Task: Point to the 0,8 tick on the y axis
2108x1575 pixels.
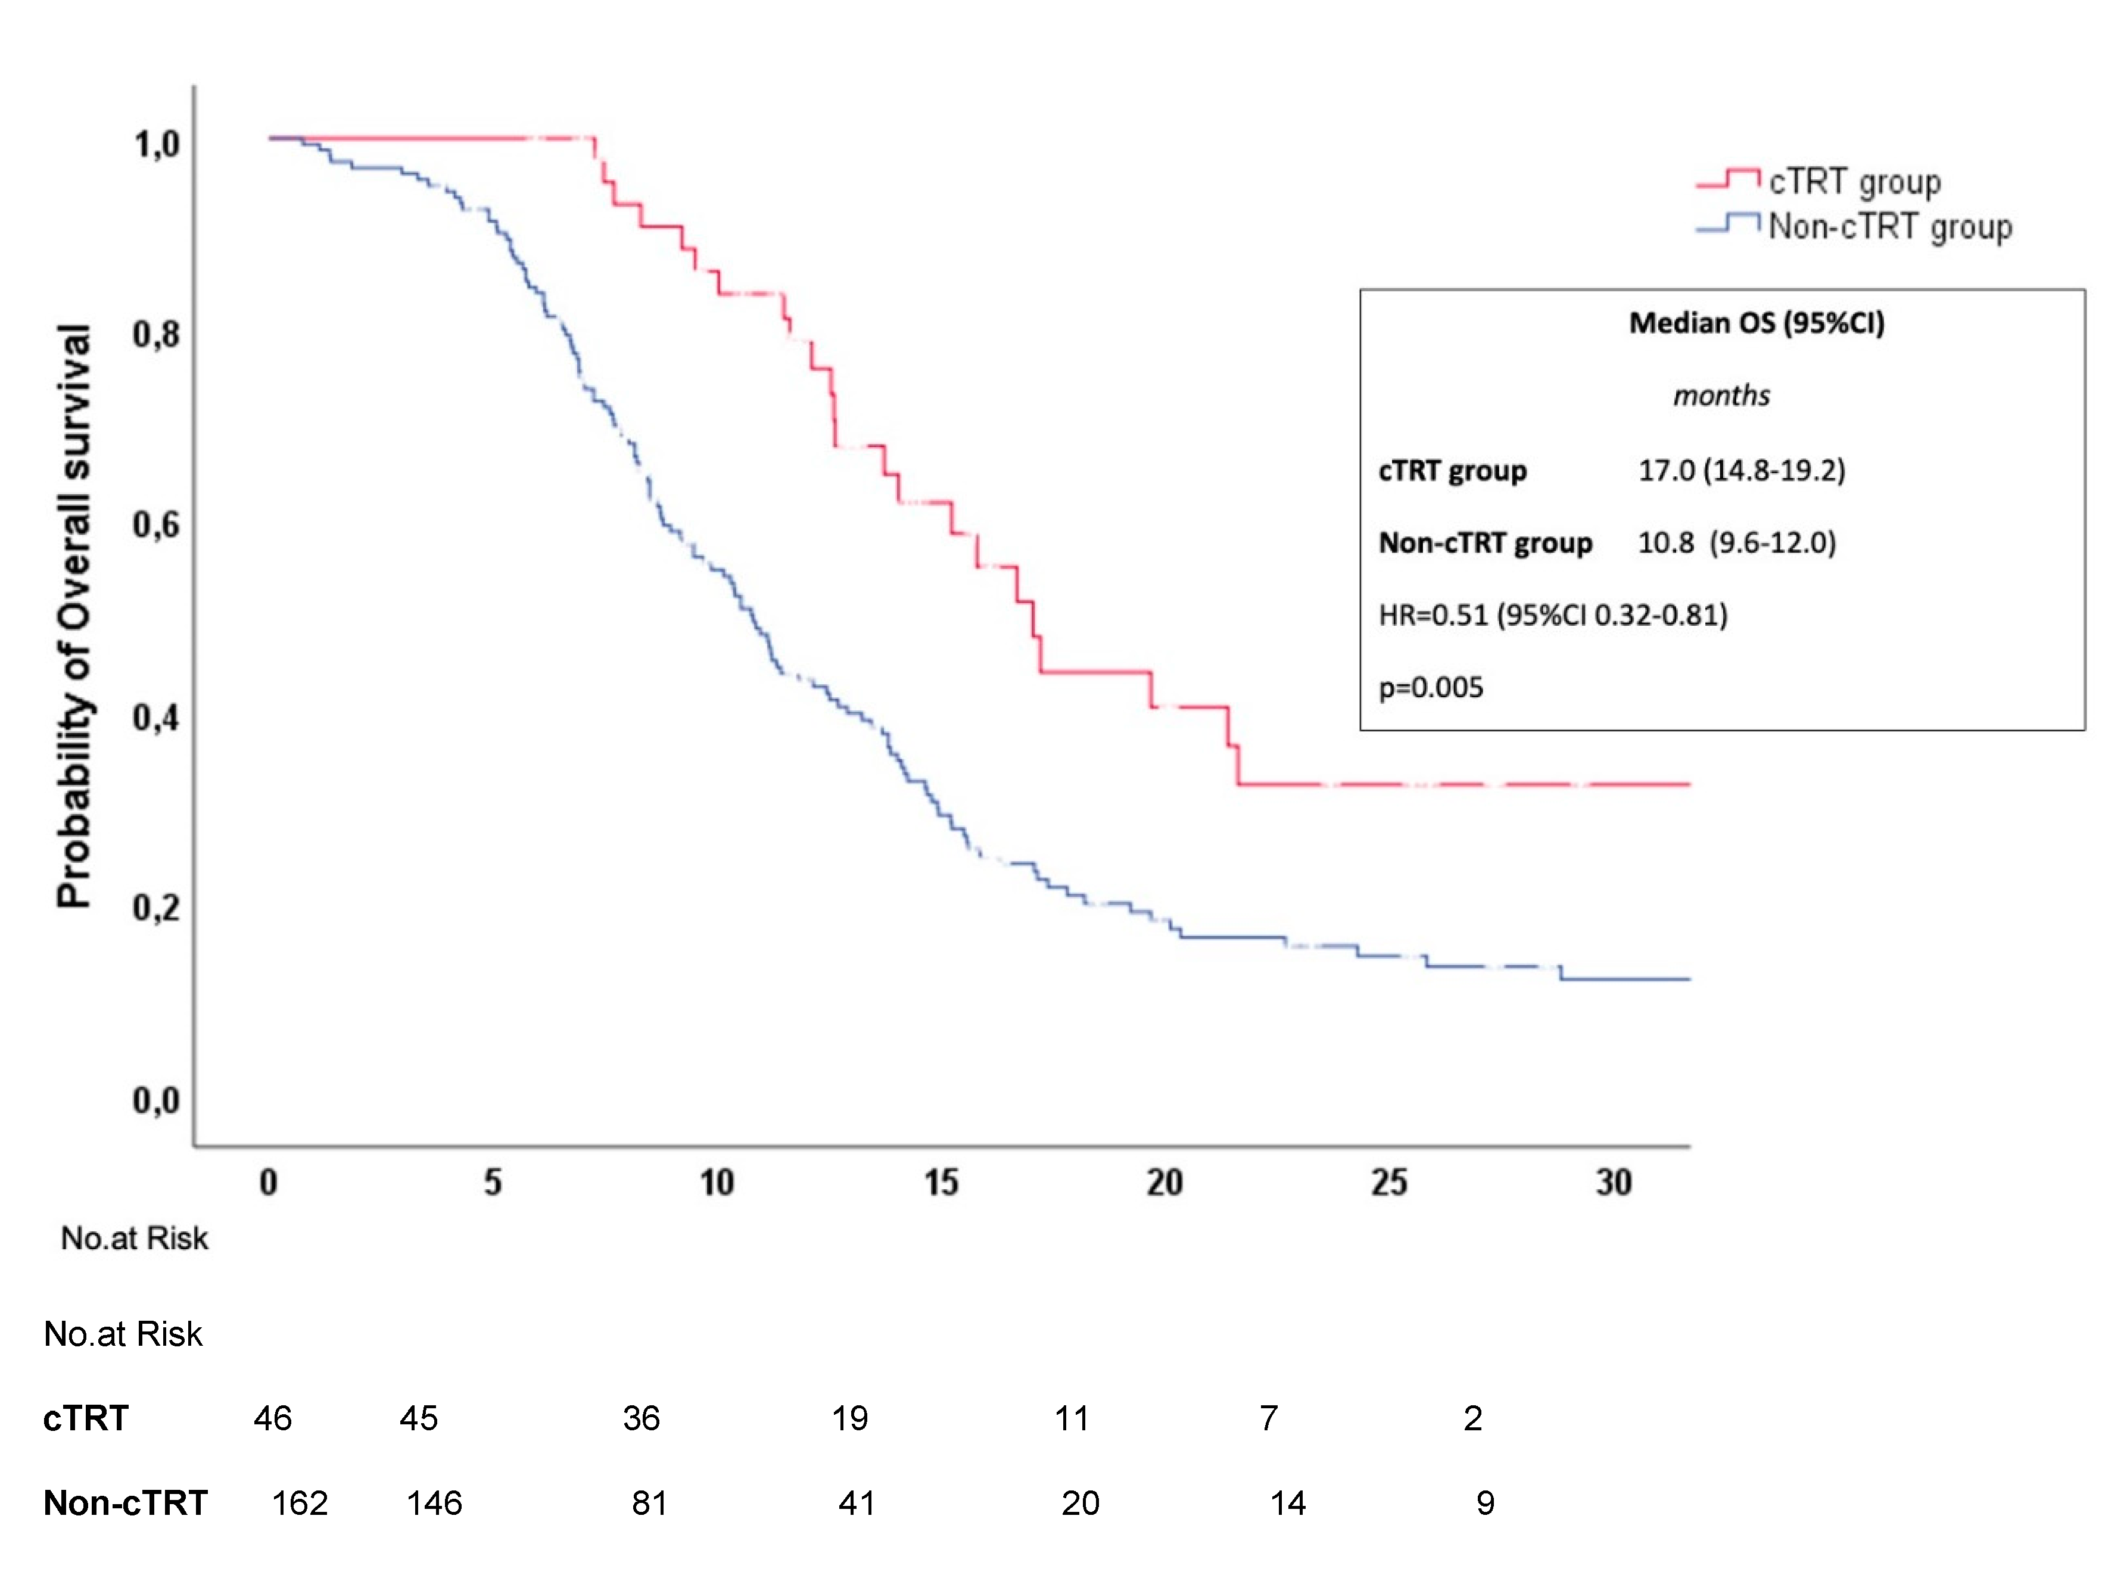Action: click(156, 335)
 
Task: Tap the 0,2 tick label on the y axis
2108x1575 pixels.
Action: click(156, 907)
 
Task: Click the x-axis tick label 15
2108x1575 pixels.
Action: click(941, 1183)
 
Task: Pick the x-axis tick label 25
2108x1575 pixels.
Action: click(1388, 1183)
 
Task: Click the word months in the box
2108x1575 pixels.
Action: click(1721, 395)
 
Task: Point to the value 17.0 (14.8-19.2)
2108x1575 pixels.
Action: click(1741, 470)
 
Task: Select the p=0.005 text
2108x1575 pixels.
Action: click(1430, 687)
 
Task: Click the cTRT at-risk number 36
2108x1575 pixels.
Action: click(642, 1419)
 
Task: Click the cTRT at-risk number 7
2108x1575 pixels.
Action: click(1268, 1419)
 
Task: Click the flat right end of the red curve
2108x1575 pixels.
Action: click(1658, 784)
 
